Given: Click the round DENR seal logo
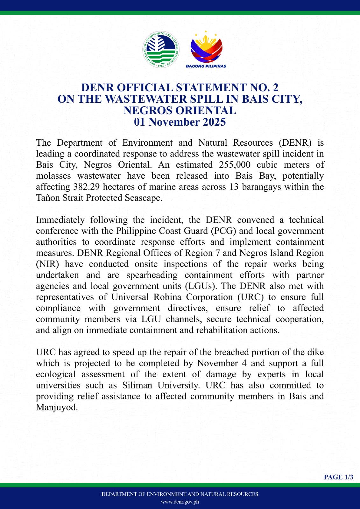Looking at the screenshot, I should coord(161,49).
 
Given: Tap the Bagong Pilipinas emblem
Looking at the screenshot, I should coord(206,48).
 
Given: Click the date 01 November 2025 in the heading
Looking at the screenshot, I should coord(180,122).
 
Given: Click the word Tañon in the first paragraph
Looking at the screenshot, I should coord(47,198).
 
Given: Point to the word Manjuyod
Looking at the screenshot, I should coord(57,408).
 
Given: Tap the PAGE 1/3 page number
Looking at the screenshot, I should coord(338,477).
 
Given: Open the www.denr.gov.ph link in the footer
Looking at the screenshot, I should coord(180,502).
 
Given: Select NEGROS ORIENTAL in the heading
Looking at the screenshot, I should coord(180,110).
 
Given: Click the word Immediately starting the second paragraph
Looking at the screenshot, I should coord(60,220).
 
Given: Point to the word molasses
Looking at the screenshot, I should coord(53,176).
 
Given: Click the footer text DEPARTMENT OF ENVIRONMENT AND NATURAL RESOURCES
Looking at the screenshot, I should coord(180,494).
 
